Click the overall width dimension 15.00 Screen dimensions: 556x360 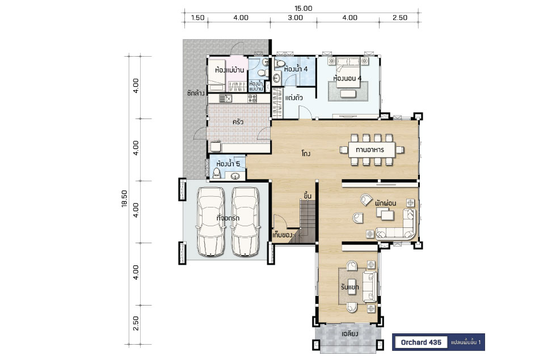[x=303, y=8]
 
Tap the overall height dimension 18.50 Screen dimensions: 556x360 [x=124, y=198]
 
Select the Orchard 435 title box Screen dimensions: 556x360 [x=421, y=342]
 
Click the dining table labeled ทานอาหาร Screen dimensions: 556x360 [x=372, y=150]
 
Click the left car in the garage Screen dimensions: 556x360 [x=210, y=222]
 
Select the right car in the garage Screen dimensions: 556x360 [x=245, y=222]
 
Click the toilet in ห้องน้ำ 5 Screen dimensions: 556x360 [x=216, y=173]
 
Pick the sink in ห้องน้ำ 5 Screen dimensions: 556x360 [x=235, y=175]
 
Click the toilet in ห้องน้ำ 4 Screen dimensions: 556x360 [x=280, y=63]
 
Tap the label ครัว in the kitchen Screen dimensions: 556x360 [x=238, y=122]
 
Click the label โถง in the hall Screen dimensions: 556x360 [x=306, y=154]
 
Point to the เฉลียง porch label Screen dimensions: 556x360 [x=349, y=334]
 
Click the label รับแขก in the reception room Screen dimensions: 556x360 [x=350, y=287]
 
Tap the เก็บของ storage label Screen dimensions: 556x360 [x=283, y=235]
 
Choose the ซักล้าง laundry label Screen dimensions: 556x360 [x=196, y=94]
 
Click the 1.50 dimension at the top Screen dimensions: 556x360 [x=197, y=18]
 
